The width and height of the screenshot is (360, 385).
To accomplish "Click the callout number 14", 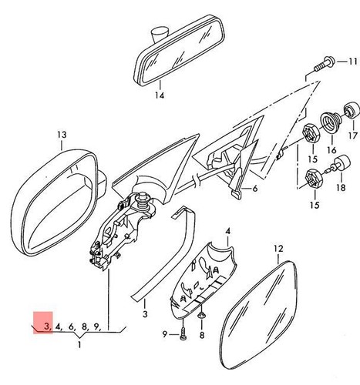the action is [160, 95].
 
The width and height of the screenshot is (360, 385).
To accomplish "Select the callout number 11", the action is [352, 62].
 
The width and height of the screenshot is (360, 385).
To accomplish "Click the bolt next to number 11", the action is [325, 64].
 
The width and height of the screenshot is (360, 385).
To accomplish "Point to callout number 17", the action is [353, 136].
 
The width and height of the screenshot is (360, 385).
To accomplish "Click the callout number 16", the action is [331, 150].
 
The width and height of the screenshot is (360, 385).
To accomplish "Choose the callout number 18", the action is [341, 188].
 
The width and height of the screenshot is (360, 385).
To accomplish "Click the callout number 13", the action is [62, 135].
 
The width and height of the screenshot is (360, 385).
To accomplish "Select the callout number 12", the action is [278, 249].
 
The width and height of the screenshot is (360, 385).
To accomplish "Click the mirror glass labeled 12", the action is [258, 315].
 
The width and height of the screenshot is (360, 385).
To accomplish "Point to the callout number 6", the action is [254, 189].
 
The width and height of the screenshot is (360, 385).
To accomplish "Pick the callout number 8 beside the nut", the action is [202, 335].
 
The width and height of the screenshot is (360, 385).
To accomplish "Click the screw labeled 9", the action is [183, 333].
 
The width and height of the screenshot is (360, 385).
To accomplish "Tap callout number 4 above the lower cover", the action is [228, 231].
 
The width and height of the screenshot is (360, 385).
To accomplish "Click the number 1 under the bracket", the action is [79, 344].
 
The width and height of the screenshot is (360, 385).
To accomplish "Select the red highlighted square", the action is [43, 323].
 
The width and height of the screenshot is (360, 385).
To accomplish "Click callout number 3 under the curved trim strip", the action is [145, 313].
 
